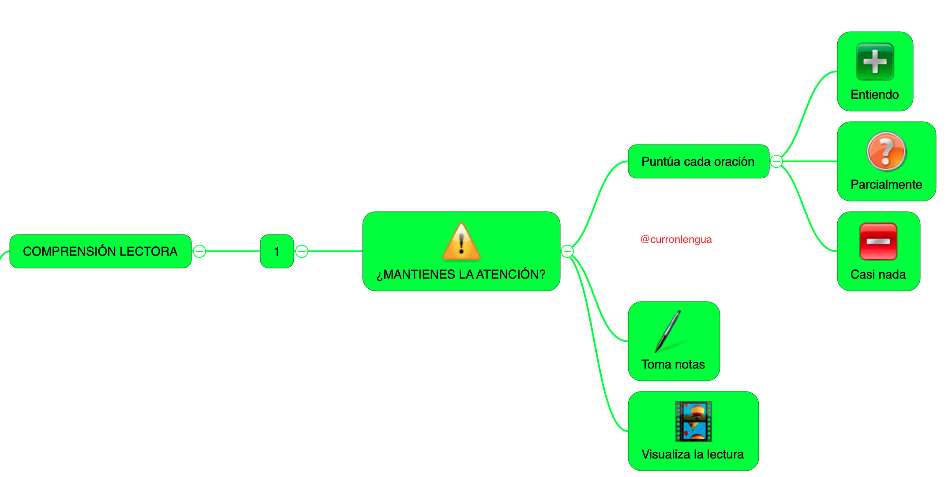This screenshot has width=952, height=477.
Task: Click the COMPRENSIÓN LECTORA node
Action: tap(100, 251)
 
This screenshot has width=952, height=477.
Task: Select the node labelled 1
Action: tap(277, 251)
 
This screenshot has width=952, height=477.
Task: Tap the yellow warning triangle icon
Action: tap(461, 241)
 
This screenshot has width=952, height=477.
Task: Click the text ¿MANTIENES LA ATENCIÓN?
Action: tap(461, 274)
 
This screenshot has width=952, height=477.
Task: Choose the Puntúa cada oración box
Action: tap(698, 161)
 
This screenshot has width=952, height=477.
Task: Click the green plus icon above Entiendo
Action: tap(875, 62)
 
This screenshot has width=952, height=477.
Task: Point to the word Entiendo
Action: tap(875, 95)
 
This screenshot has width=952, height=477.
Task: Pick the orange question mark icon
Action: tap(886, 151)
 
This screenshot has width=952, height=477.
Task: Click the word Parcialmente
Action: tap(886, 185)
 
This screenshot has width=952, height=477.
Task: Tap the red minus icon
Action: tap(878, 241)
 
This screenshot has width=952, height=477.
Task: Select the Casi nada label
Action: tap(878, 275)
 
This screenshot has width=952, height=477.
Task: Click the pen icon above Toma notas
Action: tap(668, 332)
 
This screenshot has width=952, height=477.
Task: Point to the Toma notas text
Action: tap(673, 365)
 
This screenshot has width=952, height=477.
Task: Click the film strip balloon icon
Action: tap(693, 421)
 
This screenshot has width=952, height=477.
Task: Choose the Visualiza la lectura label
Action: tap(693, 455)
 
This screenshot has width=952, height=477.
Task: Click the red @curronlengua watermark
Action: tap(676, 239)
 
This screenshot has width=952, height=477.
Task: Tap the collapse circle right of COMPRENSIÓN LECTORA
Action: tap(199, 251)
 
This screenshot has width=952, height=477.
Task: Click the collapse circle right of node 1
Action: tap(302, 251)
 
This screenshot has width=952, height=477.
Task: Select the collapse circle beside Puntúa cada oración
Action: tap(776, 161)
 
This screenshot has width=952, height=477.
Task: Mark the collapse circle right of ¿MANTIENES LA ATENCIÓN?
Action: tap(567, 251)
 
